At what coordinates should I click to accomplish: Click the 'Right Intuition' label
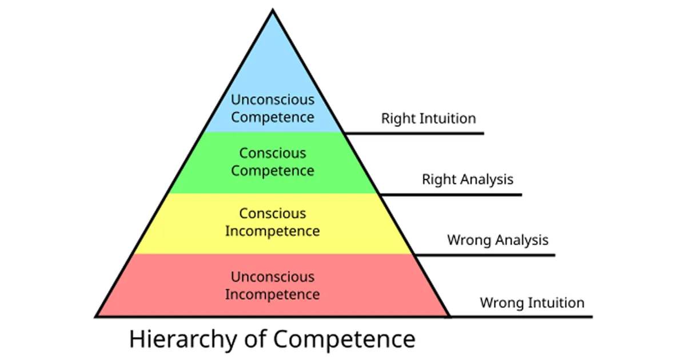[428, 118]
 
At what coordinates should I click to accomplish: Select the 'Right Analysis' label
[468, 179]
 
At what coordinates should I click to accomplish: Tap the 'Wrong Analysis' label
[498, 240]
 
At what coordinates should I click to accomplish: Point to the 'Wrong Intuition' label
[532, 302]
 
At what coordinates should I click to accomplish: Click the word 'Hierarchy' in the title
[183, 339]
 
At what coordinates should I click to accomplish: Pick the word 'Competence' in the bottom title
[344, 339]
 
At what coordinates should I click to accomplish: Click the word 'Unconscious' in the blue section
[273, 100]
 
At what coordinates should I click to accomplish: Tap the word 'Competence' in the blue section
[273, 118]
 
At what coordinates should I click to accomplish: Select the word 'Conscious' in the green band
[273, 153]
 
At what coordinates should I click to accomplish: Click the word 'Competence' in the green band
[273, 171]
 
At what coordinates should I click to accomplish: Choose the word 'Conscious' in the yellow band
[273, 214]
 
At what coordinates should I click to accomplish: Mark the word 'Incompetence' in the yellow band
[273, 231]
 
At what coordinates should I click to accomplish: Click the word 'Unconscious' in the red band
[273, 277]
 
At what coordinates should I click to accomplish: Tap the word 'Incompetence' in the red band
[273, 294]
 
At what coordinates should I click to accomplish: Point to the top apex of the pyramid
[273, 10]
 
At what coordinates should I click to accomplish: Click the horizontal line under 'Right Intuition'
[413, 134]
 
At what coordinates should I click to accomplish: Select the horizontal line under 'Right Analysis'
[450, 195]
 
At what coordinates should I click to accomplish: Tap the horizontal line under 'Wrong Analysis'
[484, 255]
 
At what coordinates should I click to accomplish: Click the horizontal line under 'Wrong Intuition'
[521, 317]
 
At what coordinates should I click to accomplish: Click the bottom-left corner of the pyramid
[95, 317]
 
